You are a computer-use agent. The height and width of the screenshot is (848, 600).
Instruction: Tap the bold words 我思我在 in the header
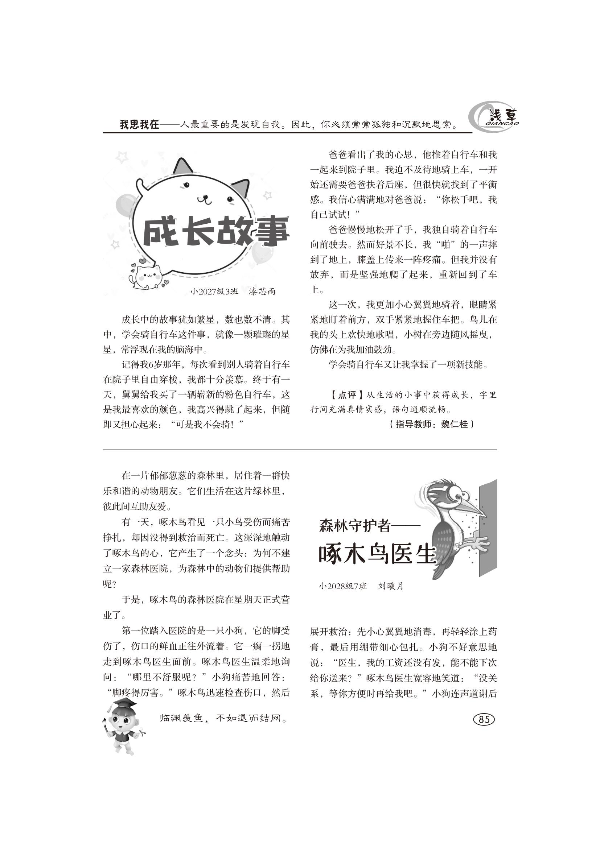pos(139,124)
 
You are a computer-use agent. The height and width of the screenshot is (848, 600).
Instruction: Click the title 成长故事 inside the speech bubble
pos(216,233)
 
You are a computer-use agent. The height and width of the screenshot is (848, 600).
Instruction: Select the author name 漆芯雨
pos(262,291)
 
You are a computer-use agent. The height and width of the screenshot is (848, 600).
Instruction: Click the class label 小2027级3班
pos(214,291)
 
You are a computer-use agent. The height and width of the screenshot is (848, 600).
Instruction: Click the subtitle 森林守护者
pos(354,525)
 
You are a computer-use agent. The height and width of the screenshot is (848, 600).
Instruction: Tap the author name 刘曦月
pos(391,586)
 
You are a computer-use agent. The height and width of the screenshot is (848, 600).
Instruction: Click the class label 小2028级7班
pos(343,586)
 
